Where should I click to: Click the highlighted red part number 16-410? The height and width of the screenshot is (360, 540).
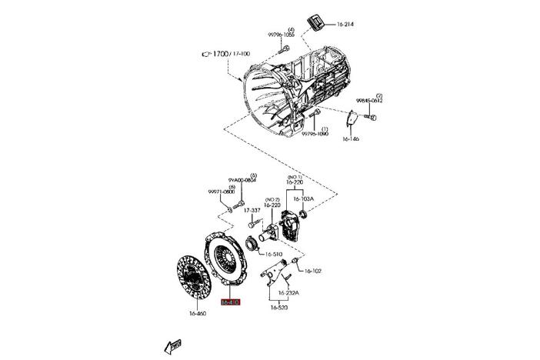pos(231,303)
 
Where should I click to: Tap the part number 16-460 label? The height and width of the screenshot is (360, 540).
pos(198,313)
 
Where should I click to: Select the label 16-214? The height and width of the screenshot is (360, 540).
pos(345,25)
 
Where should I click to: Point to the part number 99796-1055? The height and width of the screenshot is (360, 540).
pos(281,35)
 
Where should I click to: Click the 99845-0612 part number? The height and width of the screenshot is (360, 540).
pos(369,101)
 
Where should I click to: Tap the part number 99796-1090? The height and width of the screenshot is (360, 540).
pos(315,134)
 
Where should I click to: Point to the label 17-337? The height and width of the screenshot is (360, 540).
pos(252,209)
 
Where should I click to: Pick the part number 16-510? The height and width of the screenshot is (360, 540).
pos(274,253)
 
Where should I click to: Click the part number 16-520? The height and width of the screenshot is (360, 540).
pos(278,308)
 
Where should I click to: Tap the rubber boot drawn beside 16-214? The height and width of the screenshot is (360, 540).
pos(316,23)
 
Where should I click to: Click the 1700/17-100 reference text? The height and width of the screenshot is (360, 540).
pos(230,54)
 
